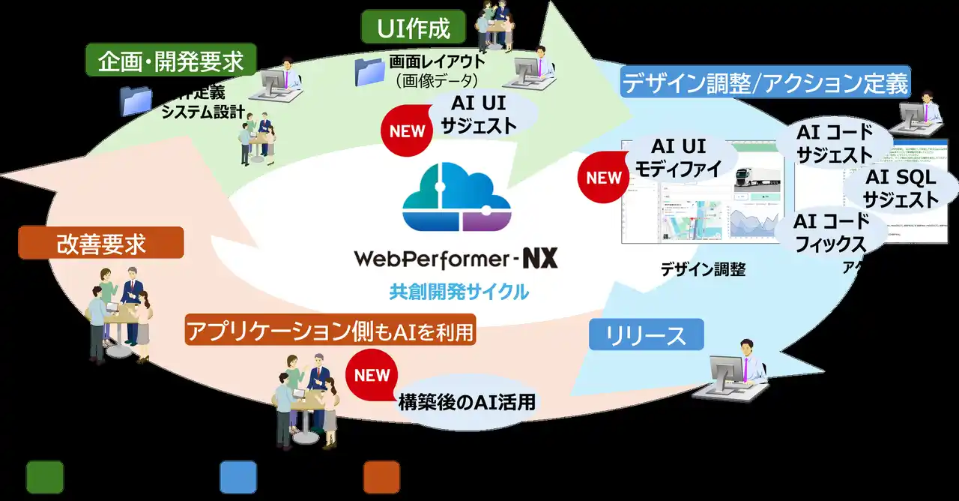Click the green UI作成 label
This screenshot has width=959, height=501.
(413, 28)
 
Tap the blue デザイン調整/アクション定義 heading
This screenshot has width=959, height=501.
(765, 82)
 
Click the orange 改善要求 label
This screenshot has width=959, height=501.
(100, 242)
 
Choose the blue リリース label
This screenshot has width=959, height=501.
(646, 334)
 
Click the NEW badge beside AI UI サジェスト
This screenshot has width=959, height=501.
(408, 130)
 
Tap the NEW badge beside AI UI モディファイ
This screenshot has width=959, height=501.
(604, 178)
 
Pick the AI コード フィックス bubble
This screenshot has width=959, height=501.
(831, 232)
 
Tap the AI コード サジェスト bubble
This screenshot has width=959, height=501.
(834, 143)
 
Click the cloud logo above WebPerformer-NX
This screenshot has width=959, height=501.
(457, 198)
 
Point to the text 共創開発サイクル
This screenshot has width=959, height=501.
(459, 292)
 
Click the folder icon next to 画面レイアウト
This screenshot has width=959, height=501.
(369, 72)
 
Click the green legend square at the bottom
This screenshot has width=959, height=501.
(45, 476)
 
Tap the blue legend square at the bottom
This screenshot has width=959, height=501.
(238, 476)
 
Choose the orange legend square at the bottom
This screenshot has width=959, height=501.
(381, 476)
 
